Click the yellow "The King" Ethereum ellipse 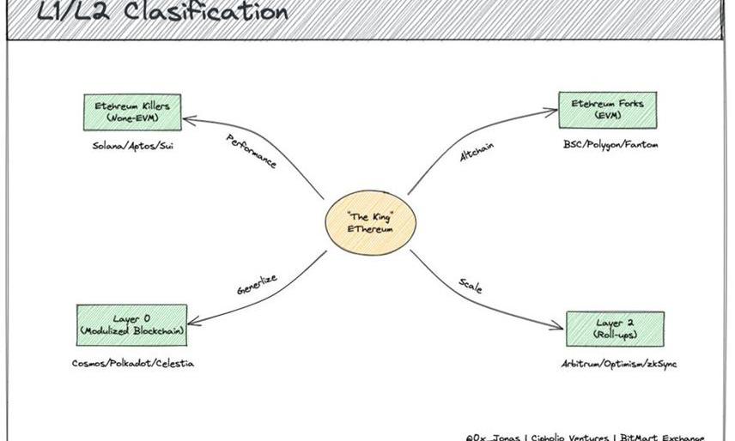(x=370, y=222)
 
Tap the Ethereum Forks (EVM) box (x=601, y=110)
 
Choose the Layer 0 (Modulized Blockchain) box (x=132, y=324)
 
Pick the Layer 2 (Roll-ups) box (x=615, y=329)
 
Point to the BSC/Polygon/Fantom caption (x=604, y=144)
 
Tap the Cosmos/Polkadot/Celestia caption (x=133, y=363)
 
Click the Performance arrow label (x=251, y=151)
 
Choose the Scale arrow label (x=471, y=286)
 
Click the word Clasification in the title (x=205, y=12)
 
